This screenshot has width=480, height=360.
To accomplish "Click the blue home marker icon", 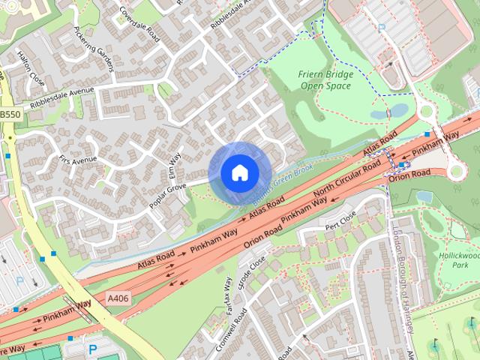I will click(239, 173).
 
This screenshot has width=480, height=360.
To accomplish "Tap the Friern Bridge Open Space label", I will click(325, 80).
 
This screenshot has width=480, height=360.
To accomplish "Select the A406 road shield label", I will click(118, 298).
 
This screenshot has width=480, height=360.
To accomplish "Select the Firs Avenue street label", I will click(78, 160).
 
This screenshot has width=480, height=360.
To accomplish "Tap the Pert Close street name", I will click(340, 220).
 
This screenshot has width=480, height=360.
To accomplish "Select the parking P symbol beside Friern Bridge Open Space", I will click(382, 28).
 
